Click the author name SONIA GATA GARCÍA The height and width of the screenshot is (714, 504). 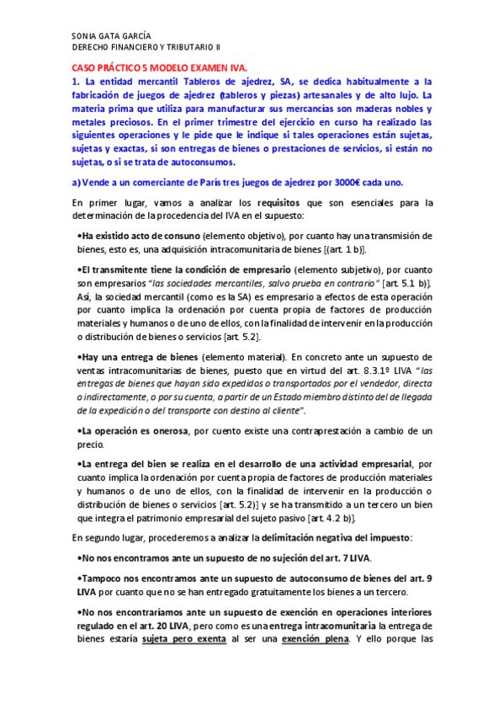click(x=111, y=36)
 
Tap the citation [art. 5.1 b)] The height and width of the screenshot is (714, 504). click(x=407, y=283)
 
